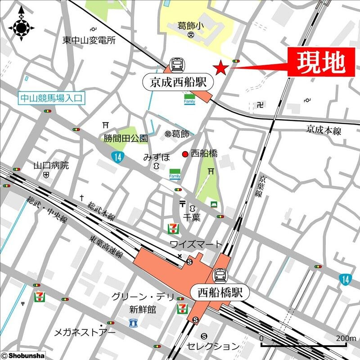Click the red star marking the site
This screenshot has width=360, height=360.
tap(220, 68)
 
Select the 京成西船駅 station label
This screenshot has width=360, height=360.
tap(178, 82)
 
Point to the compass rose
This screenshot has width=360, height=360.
tap(21, 27)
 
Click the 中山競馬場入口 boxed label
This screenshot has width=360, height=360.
tap(52, 98)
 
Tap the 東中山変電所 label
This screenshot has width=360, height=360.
tap(89, 40)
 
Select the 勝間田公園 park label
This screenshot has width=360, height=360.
tap(126, 138)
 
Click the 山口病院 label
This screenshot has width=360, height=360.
tap(51, 166)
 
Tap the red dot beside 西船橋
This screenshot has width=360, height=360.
tap(184, 154)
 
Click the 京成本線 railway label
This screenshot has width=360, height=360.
tap(324, 130)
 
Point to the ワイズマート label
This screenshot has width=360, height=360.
tap(196, 244)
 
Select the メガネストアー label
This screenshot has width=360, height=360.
tap(85, 333)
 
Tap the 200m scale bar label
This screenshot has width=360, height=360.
tap(346, 338)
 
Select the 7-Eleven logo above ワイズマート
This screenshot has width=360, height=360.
tap(172, 228)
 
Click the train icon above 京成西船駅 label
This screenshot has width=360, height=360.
tap(177, 65)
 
